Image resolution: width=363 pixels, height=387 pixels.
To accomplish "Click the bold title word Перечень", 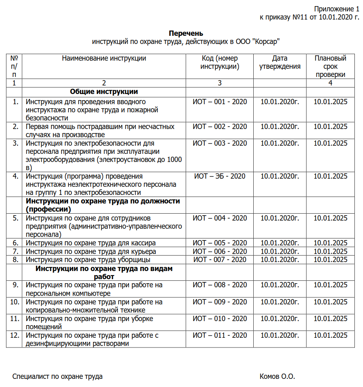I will tap(186, 33).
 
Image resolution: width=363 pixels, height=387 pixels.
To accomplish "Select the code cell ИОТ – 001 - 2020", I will tap(220, 102).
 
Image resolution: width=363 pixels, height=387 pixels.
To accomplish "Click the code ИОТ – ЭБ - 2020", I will tap(220, 176).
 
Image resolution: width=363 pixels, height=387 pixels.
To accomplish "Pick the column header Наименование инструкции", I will tap(104, 58).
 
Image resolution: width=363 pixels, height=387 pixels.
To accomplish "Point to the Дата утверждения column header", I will tap(280, 63).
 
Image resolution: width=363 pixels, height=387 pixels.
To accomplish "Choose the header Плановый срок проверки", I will tap(330, 66).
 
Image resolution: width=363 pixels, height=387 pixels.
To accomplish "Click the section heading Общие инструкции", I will tap(104, 92).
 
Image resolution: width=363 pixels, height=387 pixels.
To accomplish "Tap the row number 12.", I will tap(14, 335).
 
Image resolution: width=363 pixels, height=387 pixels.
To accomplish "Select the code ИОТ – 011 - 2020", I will tap(220, 335).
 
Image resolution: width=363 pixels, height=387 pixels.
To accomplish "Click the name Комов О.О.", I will tap(277, 376).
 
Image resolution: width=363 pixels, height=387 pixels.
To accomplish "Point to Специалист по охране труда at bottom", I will tap(58, 376).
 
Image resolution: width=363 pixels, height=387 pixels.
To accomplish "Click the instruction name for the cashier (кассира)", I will tap(91, 243).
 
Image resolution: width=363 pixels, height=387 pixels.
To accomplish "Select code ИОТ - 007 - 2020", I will tap(220, 260).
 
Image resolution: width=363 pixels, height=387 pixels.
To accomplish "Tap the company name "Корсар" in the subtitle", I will tap(266, 42).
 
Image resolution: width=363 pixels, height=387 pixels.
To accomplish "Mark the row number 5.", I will tap(15, 218).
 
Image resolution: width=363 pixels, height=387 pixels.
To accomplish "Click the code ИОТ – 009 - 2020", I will tap(220, 302).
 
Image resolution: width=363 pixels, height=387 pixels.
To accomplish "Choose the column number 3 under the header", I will tap(220, 83).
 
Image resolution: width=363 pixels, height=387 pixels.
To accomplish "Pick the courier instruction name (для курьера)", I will tap(91, 251).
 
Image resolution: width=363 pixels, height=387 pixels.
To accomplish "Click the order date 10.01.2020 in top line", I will tap(334, 17).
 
